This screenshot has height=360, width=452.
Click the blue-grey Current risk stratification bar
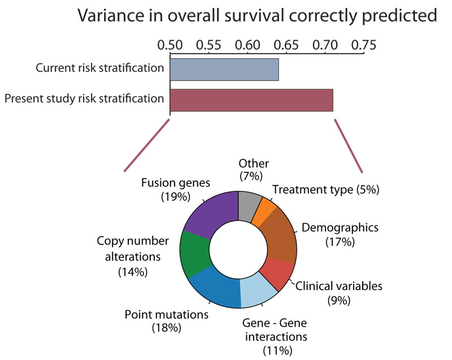[224, 69]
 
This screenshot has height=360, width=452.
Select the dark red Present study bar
[251, 100]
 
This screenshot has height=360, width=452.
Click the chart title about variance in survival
[258, 15]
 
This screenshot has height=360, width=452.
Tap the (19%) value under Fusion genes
[173, 197]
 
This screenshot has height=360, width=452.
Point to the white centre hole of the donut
[238, 249]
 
